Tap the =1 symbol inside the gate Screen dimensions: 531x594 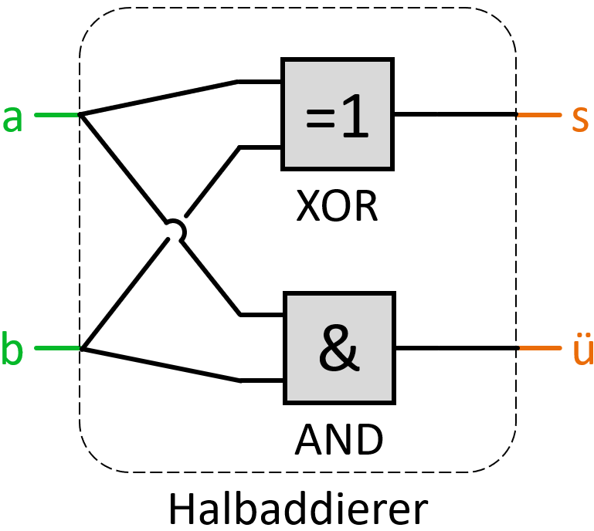338,121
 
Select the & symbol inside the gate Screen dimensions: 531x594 338,348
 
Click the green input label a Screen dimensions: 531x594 13,117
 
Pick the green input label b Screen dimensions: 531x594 12,347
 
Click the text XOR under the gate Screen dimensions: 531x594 338,206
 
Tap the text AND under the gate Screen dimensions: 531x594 338,439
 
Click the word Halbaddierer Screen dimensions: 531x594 297,509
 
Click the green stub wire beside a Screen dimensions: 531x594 56,115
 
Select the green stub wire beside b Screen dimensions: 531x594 56,348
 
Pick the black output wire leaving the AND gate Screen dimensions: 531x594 456,348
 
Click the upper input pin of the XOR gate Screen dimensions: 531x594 260,81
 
